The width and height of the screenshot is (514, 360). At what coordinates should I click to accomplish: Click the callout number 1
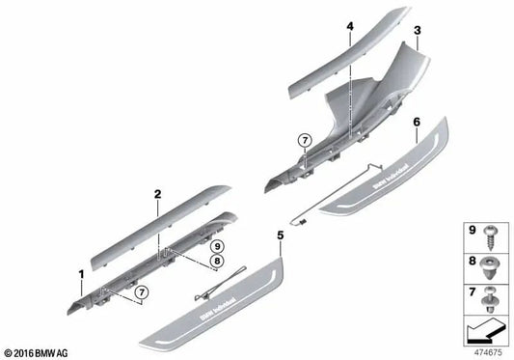pos(81,274)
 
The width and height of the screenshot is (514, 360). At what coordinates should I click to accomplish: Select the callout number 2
pos(158,194)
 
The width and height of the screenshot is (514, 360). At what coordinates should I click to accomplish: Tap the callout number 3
pos(417,31)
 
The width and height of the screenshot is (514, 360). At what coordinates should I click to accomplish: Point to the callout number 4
pos(350,26)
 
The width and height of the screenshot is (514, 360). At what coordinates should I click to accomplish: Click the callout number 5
pos(281,235)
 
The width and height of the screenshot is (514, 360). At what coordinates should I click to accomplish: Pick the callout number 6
pos(417,122)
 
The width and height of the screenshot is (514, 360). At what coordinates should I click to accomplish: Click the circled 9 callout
pos(217,246)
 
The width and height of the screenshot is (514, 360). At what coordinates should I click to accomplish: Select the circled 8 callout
pos(217,261)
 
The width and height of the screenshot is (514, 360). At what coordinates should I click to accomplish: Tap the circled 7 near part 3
pos(305,141)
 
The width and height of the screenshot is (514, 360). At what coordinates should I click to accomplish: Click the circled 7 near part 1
pos(142,291)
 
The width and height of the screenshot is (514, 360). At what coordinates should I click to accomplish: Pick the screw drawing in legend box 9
pos(491,237)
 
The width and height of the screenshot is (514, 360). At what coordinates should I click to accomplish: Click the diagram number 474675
pos(488,352)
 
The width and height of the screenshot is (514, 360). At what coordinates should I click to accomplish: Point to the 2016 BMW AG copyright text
pos(36,353)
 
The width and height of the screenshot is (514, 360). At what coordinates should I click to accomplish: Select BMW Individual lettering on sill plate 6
pos(392,177)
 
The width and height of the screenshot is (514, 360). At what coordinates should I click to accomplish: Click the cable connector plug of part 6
pos(302,222)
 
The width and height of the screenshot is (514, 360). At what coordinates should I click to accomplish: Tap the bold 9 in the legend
pos(472,230)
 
